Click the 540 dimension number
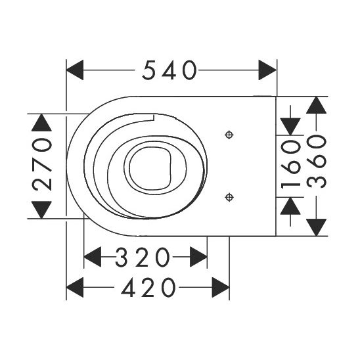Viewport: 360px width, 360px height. tap(170, 70)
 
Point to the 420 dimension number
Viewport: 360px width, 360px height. tap(148, 288)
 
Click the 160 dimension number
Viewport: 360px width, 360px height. tap(290, 166)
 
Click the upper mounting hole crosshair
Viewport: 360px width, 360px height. tap(229, 135)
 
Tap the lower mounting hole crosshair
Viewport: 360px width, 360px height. tap(229, 196)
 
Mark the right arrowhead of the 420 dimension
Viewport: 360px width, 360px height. tap(220, 288)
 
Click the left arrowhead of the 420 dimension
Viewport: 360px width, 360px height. tap(76, 288)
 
